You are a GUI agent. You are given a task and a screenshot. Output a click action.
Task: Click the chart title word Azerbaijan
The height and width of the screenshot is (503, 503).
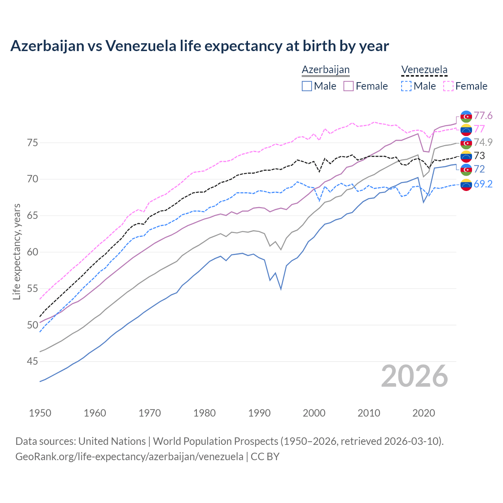pyautogui.click(x=47, y=46)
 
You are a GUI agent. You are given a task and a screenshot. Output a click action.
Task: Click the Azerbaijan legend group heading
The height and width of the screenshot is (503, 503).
pyautogui.click(x=325, y=70)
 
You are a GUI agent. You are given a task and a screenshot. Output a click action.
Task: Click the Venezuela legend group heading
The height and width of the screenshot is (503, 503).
pyautogui.click(x=424, y=70)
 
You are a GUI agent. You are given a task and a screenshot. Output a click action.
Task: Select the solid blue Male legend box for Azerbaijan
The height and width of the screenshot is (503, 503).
pyautogui.click(x=307, y=86)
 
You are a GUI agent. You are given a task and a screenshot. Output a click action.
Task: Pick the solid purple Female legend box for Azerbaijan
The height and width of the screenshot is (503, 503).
pyautogui.click(x=349, y=86)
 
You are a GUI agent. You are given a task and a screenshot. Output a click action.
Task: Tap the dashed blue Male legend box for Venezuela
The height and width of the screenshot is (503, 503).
pyautogui.click(x=406, y=86)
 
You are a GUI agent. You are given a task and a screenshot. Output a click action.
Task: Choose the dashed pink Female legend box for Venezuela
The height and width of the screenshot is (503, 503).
pyautogui.click(x=448, y=86)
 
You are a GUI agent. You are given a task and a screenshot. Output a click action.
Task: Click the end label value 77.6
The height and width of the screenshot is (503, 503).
pyautogui.click(x=483, y=116)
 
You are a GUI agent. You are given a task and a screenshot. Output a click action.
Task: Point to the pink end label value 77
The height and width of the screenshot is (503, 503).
pyautogui.click(x=479, y=129)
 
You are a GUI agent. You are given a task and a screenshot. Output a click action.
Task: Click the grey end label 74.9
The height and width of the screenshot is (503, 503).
pyautogui.click(x=483, y=142)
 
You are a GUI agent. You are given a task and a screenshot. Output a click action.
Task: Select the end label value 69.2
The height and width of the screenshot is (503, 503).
pyautogui.click(x=483, y=184)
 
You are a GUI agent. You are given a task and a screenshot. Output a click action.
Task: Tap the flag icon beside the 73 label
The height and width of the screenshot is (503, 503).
pyautogui.click(x=466, y=156)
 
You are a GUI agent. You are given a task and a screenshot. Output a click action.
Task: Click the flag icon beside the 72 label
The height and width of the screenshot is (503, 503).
pyautogui.click(x=466, y=169)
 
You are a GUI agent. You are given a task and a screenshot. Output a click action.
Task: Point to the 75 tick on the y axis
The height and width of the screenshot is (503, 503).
pyautogui.click(x=32, y=143)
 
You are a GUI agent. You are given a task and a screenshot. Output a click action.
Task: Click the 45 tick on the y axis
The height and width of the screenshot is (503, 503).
pyautogui.click(x=32, y=362)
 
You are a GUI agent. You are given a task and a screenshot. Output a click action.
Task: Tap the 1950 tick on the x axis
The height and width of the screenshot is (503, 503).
pyautogui.click(x=40, y=413)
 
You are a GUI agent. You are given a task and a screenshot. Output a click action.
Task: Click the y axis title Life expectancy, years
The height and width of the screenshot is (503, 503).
pyautogui.click(x=17, y=251)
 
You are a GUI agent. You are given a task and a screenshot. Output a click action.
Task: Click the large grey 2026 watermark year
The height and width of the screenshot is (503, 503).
pyautogui.click(x=414, y=376)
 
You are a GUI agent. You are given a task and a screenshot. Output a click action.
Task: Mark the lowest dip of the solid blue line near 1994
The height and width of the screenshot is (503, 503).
pyautogui.click(x=281, y=289)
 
